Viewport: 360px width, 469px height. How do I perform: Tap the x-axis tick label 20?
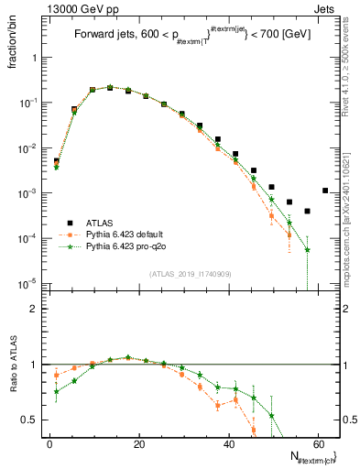click(138, 442)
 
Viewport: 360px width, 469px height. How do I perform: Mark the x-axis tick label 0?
click(49, 442)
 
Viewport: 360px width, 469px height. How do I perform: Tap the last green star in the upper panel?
click(308, 249)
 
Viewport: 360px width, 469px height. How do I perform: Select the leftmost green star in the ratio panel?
click(56, 391)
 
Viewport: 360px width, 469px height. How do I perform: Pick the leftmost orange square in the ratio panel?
click(56, 375)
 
